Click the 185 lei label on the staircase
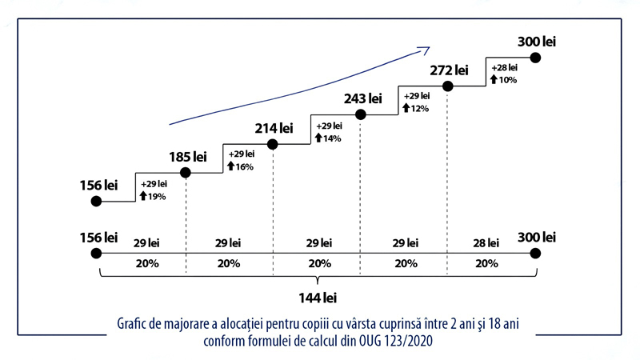pos(188,157)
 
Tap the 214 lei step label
pos(274,128)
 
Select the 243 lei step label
pos(362,99)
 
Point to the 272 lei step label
pos(449,70)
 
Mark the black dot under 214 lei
pos(273,144)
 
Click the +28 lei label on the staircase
pos(505,68)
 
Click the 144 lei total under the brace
pos(318,298)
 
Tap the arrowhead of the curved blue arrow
pos(425,50)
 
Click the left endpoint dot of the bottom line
pos(97,254)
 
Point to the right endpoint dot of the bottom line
pos(536,254)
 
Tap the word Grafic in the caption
pos(134,325)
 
